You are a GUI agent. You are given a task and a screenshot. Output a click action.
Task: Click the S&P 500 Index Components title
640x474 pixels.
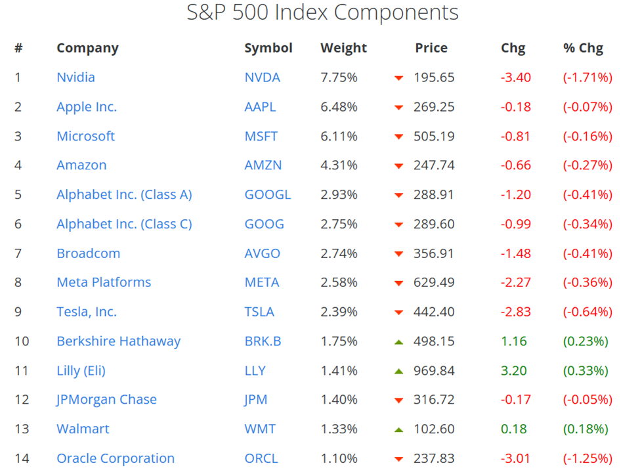click(x=322, y=12)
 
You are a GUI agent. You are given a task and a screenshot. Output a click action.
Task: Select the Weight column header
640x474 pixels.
click(x=343, y=48)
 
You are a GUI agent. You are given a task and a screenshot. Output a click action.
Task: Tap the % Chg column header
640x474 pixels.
click(x=583, y=48)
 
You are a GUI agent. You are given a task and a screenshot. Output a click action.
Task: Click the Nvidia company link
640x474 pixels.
click(x=75, y=77)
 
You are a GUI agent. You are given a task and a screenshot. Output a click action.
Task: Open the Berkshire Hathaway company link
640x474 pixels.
click(x=118, y=341)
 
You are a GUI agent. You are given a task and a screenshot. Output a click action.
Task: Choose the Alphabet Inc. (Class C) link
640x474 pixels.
click(x=124, y=224)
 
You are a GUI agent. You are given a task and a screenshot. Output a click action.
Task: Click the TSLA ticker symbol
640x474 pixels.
click(x=259, y=312)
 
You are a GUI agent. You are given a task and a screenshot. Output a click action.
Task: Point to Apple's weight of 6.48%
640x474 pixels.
click(x=339, y=107)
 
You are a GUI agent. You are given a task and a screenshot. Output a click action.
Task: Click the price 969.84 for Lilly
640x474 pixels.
click(x=434, y=371)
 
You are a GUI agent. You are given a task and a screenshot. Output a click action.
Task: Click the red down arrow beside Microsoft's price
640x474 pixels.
click(x=398, y=137)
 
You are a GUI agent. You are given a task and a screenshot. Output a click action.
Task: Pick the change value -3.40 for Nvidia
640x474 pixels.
click(x=515, y=77)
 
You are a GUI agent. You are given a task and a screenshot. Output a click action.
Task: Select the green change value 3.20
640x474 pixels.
click(x=513, y=371)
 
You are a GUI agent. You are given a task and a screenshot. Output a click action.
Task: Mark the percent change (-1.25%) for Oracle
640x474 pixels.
click(x=587, y=458)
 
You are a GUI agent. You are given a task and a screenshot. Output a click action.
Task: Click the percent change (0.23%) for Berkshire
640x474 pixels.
click(x=586, y=341)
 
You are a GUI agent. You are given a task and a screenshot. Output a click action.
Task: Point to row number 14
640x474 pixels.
click(x=22, y=458)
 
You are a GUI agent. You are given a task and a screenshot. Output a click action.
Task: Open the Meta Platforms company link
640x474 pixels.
click(x=104, y=282)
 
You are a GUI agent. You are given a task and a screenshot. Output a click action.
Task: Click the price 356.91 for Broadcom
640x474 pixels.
click(x=434, y=253)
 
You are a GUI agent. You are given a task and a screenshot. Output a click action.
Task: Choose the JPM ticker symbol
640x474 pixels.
click(x=255, y=400)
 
